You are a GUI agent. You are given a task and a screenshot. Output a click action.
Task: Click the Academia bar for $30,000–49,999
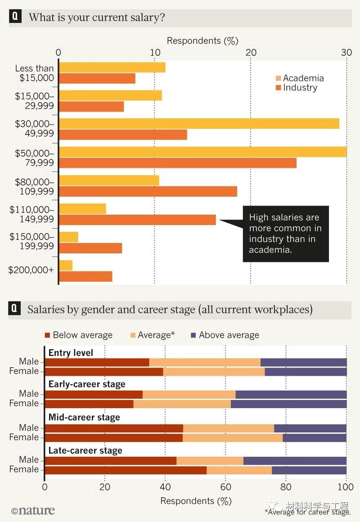pyautogui.click(x=199, y=124)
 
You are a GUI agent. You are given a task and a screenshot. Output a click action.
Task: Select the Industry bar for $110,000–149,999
pyautogui.click(x=137, y=220)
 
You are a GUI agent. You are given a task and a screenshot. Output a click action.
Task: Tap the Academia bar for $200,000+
pyautogui.click(x=66, y=265)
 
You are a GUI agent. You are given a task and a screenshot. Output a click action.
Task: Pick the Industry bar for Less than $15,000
pyautogui.click(x=97, y=78)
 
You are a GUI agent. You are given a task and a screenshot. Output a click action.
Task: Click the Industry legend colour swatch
pyautogui.click(x=278, y=88)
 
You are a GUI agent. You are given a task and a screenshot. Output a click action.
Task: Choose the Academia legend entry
pyautogui.click(x=299, y=78)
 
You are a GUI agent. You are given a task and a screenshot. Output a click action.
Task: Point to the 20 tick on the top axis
pyautogui.click(x=251, y=52)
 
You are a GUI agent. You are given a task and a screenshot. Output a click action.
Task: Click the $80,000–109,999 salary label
pyautogui.click(x=34, y=187)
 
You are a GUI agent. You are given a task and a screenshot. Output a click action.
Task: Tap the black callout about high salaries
pyautogui.click(x=285, y=234)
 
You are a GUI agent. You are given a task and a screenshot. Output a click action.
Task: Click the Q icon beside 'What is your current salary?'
pyautogui.click(x=15, y=17)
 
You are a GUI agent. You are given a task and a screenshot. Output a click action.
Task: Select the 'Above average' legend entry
pyautogui.click(x=225, y=335)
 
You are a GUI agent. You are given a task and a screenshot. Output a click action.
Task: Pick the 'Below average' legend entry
pyautogui.click(x=78, y=335)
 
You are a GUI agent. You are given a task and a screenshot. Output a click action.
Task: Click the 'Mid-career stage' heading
pyautogui.click(x=84, y=417)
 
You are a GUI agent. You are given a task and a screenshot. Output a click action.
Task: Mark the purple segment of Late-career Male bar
pyautogui.click(x=295, y=461)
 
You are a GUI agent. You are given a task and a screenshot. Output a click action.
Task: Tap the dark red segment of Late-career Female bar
pyautogui.click(x=126, y=470)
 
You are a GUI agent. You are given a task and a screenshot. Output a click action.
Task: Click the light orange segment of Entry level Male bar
pyautogui.click(x=205, y=362)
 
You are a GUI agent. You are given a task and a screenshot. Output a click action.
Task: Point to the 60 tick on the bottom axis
pyautogui.click(x=225, y=487)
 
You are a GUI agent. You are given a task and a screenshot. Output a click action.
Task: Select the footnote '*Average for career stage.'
pyautogui.click(x=308, y=512)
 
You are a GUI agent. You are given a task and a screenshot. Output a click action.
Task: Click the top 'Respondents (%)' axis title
pyautogui.click(x=202, y=41)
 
